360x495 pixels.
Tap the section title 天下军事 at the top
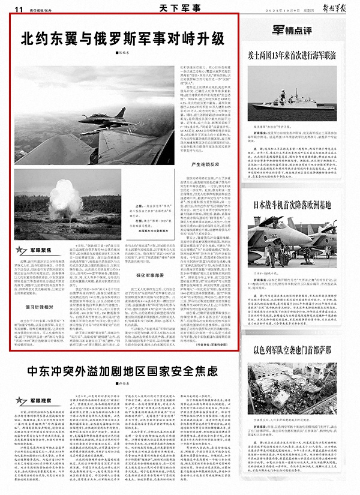[x=179, y=8]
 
